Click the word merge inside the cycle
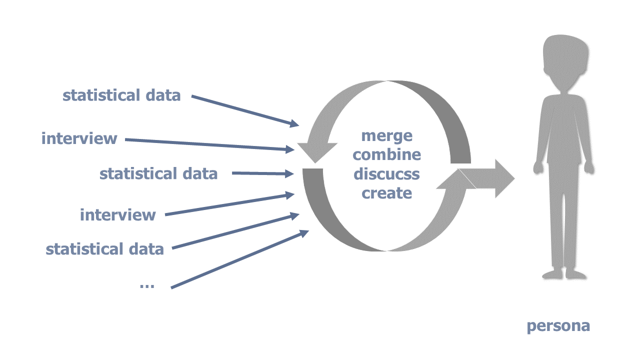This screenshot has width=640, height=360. coord(387,135)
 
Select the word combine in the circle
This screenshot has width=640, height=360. coord(387,154)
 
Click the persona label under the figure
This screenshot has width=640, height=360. coord(558,326)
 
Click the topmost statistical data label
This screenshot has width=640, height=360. coord(121,95)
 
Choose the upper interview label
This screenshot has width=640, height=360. coord(79,138)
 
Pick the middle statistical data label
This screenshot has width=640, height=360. coord(158,173)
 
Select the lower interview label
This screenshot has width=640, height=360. coord(118,215)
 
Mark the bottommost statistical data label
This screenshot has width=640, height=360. coord(105,248)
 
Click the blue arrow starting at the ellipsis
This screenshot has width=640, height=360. coord(240,259)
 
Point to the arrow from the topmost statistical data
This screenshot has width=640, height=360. coord(245,110)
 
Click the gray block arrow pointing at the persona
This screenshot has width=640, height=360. coord(492,178)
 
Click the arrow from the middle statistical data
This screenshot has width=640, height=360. coord(262,174)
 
